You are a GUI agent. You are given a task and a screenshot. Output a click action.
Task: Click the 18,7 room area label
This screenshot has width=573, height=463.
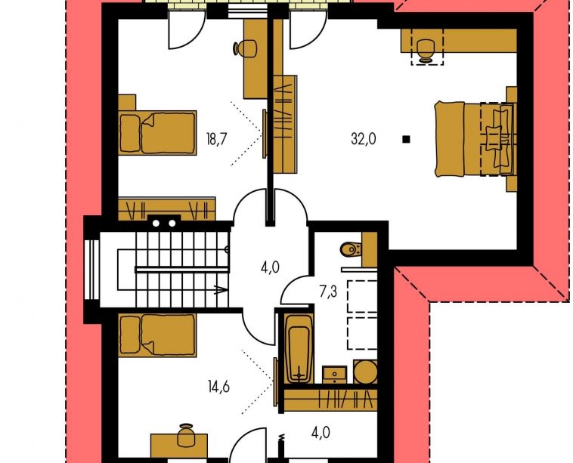[217, 139]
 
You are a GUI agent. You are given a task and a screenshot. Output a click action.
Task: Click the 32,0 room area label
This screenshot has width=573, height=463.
[364, 139]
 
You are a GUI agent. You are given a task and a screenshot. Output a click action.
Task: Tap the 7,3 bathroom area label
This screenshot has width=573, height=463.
[328, 292]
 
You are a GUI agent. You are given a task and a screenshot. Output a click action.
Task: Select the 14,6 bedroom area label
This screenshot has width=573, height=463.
[218, 387]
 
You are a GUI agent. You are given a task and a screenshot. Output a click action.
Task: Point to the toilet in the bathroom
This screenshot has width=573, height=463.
[351, 250]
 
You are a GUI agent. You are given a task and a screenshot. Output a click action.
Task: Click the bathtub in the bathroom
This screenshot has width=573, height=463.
[299, 349]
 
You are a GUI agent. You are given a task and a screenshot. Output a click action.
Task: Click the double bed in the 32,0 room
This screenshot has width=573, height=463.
[475, 139]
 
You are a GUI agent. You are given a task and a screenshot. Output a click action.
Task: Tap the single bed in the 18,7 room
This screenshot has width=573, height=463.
[157, 132]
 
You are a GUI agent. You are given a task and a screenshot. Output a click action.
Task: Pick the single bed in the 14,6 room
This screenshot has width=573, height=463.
[157, 335]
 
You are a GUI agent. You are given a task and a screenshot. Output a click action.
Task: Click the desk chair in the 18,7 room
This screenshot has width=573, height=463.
[244, 48]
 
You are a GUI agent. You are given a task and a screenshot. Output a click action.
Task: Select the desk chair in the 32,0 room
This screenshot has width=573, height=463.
[426, 51]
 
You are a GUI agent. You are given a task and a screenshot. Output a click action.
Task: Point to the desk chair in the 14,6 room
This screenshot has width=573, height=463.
[186, 435]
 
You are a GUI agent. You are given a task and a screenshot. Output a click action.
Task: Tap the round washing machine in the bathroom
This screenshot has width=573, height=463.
[365, 372]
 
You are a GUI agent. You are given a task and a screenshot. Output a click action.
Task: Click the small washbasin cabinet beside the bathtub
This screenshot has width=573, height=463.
[334, 375]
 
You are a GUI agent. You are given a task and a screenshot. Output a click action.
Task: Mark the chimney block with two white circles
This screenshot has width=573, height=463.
[164, 223]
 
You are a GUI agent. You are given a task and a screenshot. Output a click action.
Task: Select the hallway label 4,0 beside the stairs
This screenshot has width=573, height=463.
[270, 267]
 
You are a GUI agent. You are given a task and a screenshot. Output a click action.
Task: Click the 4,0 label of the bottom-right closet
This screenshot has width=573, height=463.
[321, 433]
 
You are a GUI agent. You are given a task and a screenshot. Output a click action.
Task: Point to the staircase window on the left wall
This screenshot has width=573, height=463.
[91, 270]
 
